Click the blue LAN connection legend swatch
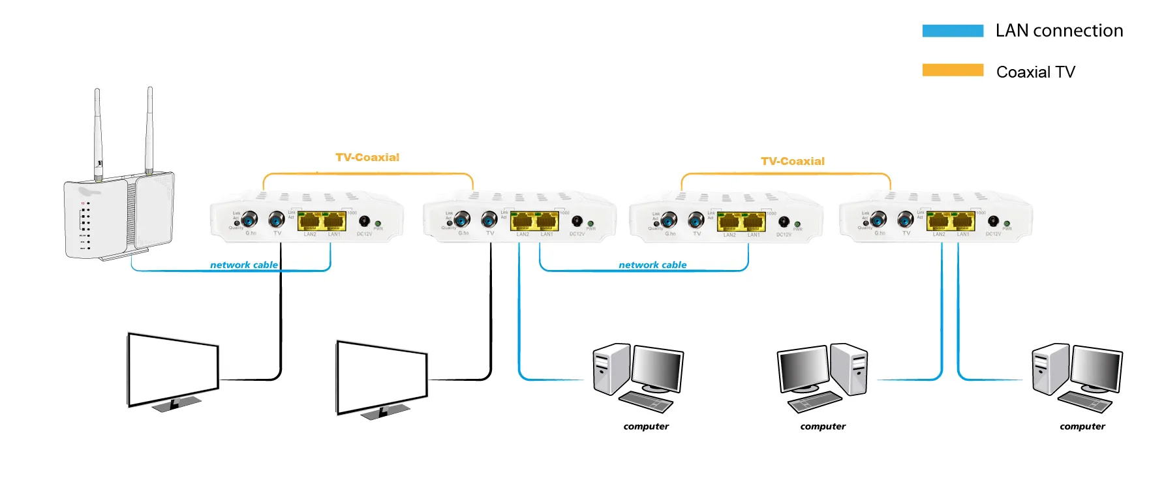[x=952, y=31]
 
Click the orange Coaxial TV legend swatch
[x=952, y=70]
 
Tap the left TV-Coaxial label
[x=367, y=158]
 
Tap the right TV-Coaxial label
[x=792, y=161]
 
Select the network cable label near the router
[x=243, y=265]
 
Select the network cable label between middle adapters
[x=652, y=265]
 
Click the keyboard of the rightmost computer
[x=1084, y=402]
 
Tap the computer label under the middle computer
[x=822, y=426]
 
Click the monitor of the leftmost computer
[x=656, y=369]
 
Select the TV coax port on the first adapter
[x=277, y=219]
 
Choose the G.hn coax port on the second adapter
[x=462, y=219]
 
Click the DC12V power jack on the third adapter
[x=784, y=222]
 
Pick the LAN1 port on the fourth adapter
[x=963, y=222]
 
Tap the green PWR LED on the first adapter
[x=378, y=224]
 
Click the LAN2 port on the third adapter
[x=729, y=222]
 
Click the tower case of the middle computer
[x=850, y=369]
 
